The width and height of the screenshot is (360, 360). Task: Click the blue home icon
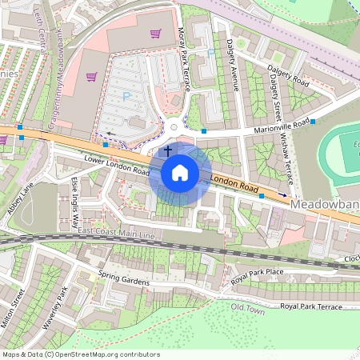180,173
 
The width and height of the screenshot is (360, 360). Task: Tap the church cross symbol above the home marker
167,150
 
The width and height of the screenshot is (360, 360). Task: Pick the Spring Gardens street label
124,280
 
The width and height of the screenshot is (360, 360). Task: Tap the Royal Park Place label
258,276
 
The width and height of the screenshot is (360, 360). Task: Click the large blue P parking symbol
126,96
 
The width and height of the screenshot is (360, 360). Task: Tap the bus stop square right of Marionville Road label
313,122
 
